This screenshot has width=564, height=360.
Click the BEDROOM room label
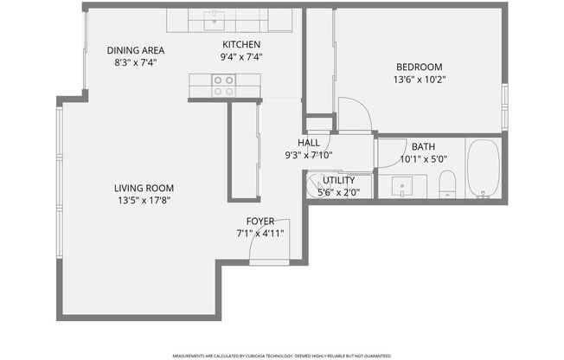tap(420, 67)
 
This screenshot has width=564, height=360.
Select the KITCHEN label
tap(241, 45)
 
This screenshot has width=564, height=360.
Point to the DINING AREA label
tap(136, 50)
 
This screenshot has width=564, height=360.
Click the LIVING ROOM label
tap(144, 188)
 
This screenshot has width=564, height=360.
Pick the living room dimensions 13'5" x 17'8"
tap(144, 201)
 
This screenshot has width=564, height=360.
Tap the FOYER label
tap(260, 221)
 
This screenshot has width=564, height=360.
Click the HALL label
tap(309, 143)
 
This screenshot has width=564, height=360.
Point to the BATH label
tap(423, 147)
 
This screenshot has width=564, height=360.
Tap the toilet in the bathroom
tap(447, 183)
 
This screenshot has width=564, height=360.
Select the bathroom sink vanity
tap(404, 185)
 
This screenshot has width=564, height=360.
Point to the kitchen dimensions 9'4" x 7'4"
tap(241, 57)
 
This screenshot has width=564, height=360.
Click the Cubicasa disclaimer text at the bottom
tap(282, 355)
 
